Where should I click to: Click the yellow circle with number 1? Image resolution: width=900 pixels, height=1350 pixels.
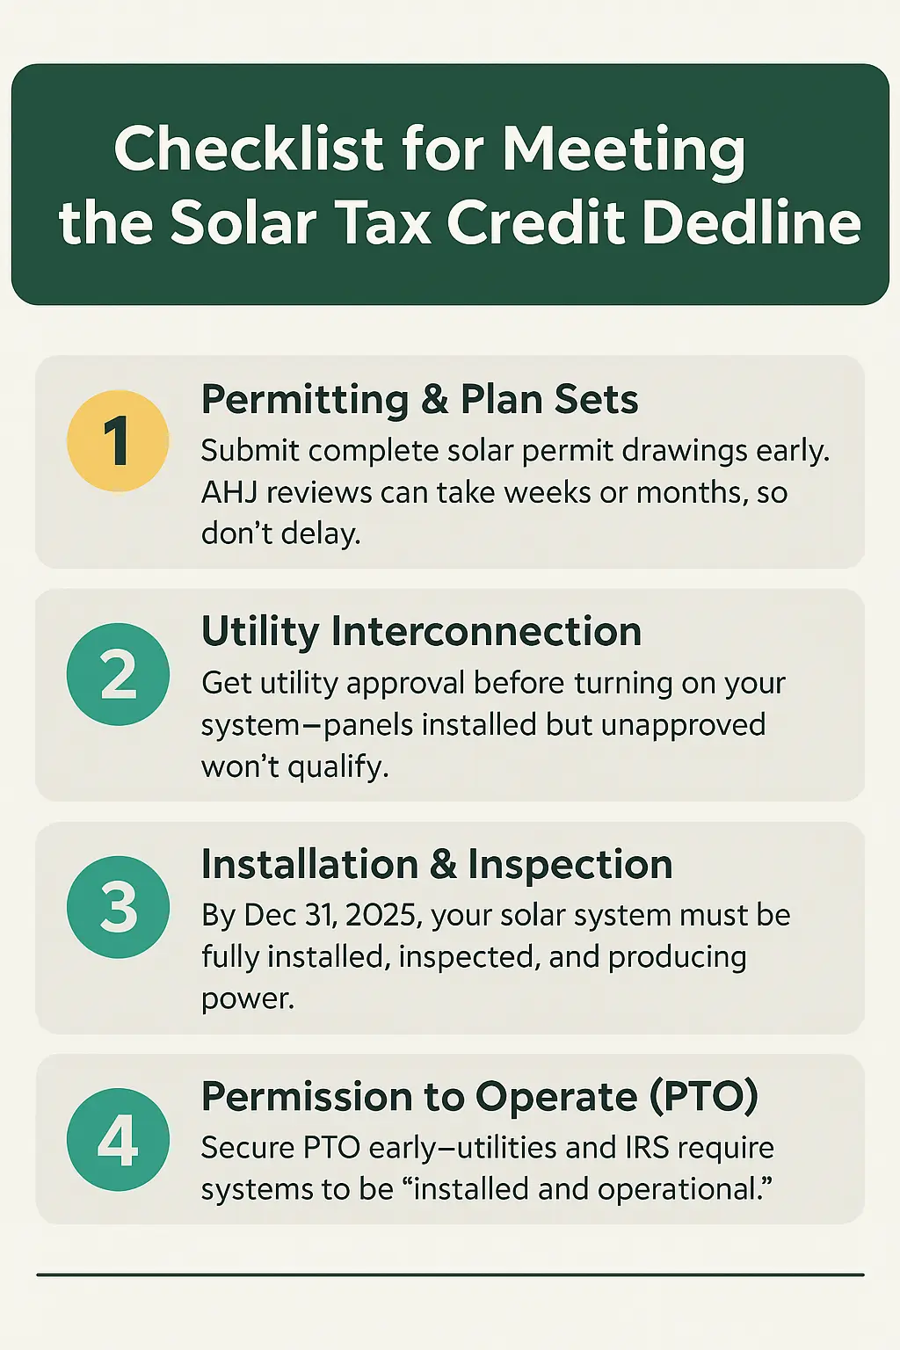[118, 440]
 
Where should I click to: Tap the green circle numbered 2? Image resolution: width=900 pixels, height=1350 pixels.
[118, 674]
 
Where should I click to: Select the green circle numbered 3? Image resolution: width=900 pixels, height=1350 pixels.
[118, 907]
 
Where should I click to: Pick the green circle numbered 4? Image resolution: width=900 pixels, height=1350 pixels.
[118, 1140]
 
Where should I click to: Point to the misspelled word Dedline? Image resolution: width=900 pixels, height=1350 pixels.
[751, 222]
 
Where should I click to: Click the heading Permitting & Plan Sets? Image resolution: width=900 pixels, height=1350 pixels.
[419, 399]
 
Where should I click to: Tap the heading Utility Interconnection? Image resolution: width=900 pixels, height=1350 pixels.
[421, 631]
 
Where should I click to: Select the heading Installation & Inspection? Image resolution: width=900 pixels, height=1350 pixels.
[437, 864]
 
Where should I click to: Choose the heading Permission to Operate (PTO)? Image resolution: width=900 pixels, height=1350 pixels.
[479, 1096]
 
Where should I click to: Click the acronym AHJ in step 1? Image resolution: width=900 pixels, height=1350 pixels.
[229, 492]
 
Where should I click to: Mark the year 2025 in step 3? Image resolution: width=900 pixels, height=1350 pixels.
[381, 915]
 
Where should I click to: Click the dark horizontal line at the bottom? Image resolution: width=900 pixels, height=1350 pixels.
[450, 1274]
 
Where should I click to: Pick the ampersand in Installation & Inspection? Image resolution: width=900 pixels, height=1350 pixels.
[443, 865]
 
